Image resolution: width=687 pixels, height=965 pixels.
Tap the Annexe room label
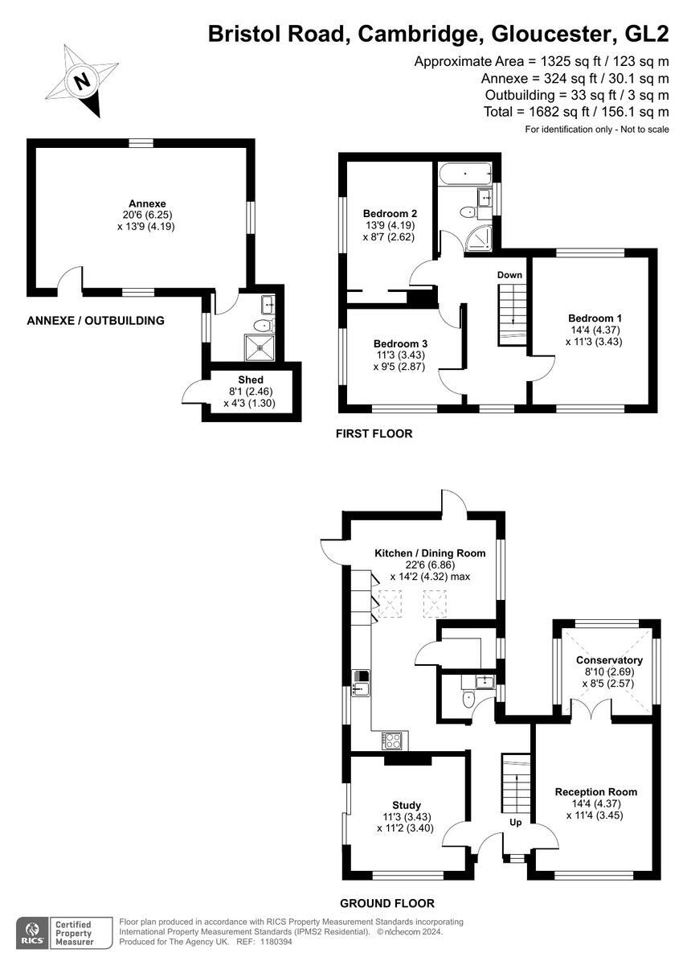[147, 203]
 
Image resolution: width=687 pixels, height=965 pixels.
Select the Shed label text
[250, 380]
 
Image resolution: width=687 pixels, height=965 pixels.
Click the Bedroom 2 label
[390, 213]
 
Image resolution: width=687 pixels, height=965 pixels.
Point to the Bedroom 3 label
[393, 343]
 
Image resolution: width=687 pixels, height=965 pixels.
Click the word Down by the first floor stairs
[509, 275]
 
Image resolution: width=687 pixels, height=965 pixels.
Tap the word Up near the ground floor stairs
[516, 823]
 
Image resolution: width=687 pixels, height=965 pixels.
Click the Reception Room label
[595, 792]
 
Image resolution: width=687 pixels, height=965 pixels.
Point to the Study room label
[407, 805]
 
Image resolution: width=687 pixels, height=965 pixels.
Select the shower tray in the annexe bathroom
[260, 347]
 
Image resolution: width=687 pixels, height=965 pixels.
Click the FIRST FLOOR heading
[374, 434]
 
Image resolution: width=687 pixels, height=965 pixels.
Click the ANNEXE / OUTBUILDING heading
[96, 320]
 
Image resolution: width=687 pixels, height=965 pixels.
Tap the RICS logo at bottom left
[33, 932]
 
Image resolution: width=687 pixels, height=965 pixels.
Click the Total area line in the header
[576, 112]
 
